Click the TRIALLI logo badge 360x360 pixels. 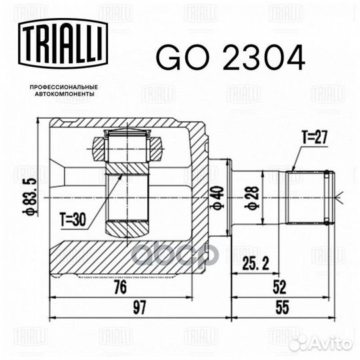coord(63,43)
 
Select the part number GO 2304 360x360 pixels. coord(231,57)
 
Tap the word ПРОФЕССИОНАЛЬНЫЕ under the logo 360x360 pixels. coord(64,87)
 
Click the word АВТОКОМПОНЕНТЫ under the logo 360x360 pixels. coord(65,94)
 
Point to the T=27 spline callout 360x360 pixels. coord(314,137)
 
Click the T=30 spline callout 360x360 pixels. coord(73,219)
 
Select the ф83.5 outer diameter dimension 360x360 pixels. coord(30,197)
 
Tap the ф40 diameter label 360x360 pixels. coord(218,197)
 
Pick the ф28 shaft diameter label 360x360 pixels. coord(253,197)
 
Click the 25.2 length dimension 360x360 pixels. coord(255,263)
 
